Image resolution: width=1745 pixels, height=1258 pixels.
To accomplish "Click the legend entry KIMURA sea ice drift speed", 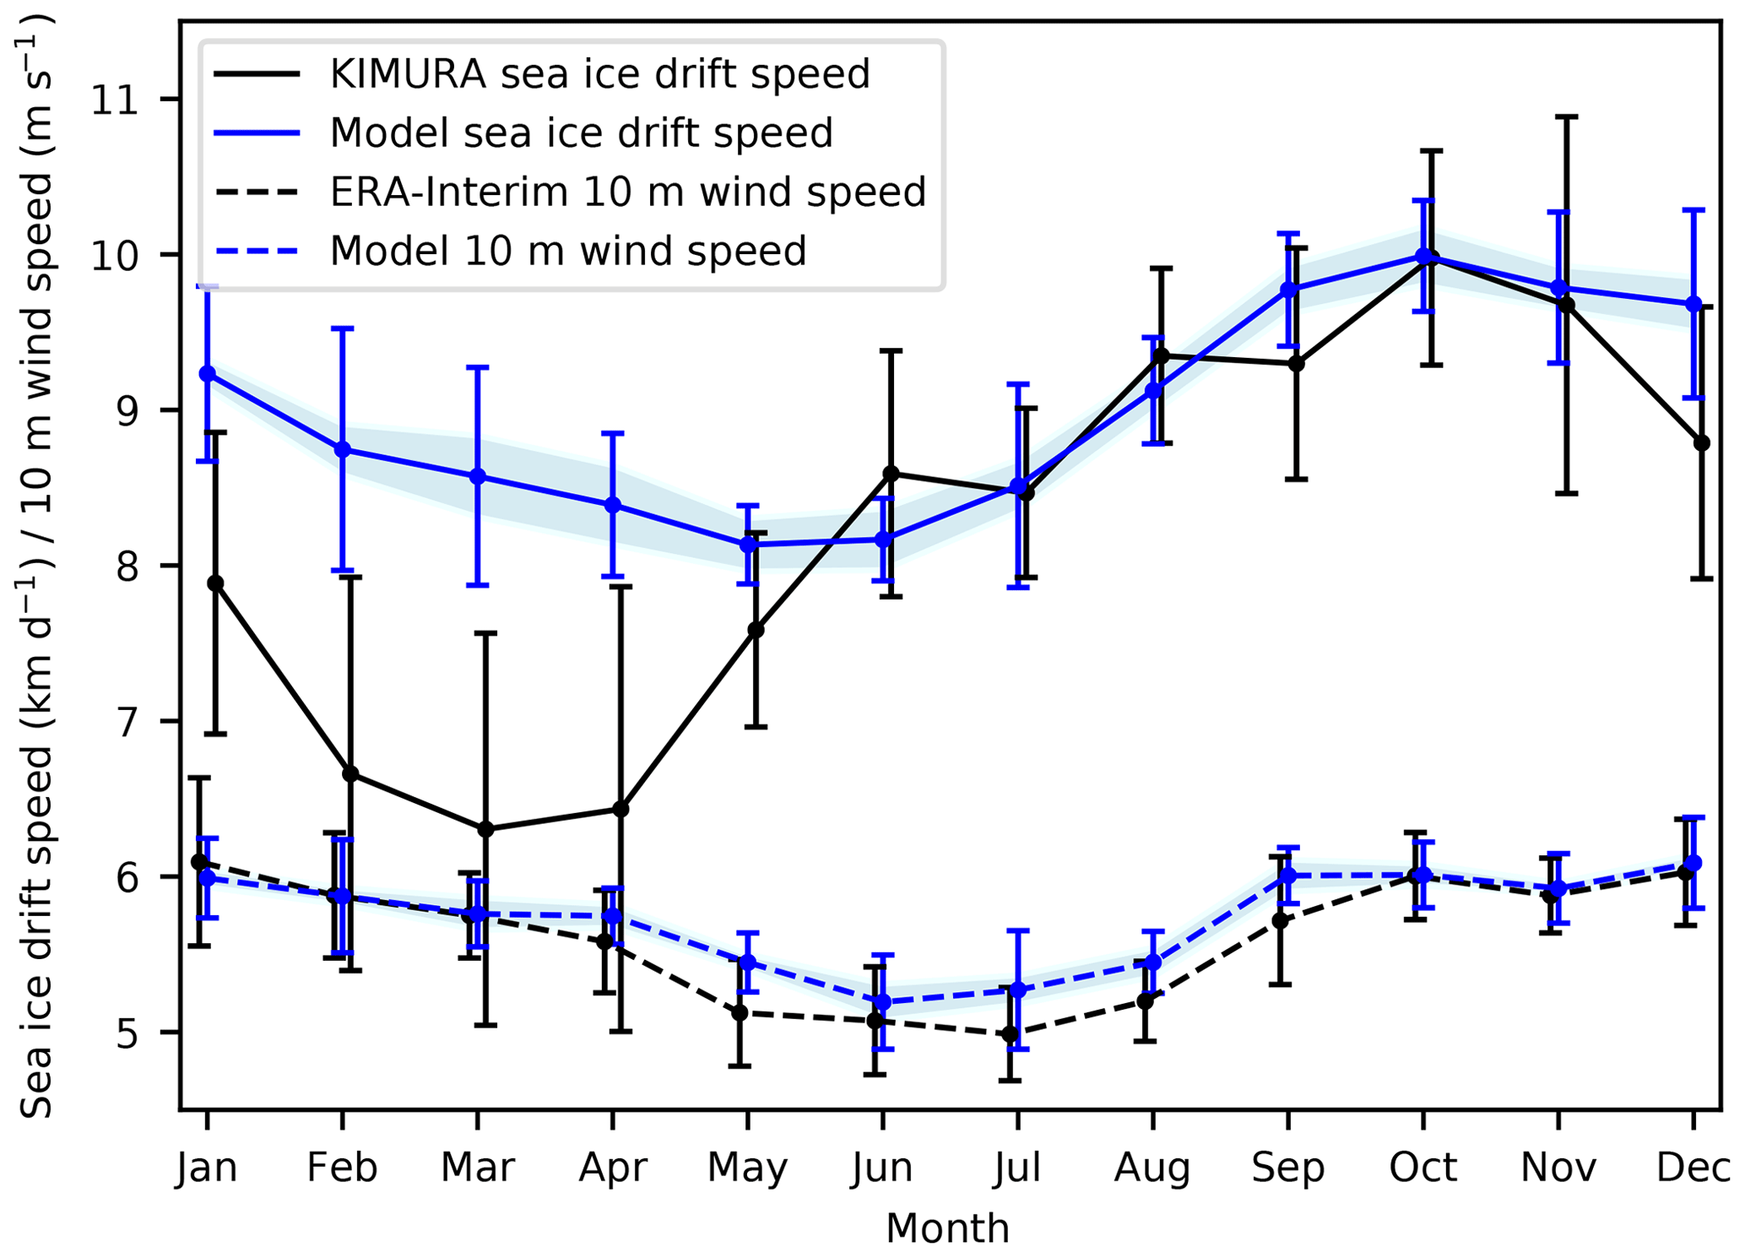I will [x=599, y=74].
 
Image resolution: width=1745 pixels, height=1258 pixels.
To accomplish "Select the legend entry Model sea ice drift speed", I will [x=581, y=133].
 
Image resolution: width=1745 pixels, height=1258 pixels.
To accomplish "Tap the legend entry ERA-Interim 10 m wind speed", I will [x=627, y=192].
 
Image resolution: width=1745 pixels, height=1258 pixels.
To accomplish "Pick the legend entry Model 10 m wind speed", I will [x=567, y=251].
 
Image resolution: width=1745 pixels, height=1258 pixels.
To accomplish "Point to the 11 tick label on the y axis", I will [x=115, y=100].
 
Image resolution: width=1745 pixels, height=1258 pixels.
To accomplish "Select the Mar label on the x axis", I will [x=477, y=1168].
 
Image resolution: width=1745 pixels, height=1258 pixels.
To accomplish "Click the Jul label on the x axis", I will [x=1017, y=1168].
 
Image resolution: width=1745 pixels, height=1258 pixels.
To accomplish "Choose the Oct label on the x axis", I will [x=1423, y=1168].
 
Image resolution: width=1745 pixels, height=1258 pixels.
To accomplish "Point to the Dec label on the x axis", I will [x=1692, y=1168].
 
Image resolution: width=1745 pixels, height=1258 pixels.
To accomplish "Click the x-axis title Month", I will [x=947, y=1228].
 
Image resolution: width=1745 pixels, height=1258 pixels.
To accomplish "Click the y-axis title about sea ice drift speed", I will [x=38, y=566].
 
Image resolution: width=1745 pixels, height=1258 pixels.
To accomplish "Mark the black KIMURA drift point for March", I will [x=485, y=829].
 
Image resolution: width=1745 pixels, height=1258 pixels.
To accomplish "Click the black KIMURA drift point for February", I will [x=350, y=773].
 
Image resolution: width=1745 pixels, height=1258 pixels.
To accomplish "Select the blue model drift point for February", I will [x=342, y=449].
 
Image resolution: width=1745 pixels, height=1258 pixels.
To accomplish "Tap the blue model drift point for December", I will [x=1694, y=304].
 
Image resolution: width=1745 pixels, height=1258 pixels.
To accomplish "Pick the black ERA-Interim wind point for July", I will [x=1010, y=1034].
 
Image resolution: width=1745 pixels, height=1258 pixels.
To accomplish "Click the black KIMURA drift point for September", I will [x=1296, y=364].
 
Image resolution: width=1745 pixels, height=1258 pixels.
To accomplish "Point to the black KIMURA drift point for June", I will [x=891, y=473].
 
